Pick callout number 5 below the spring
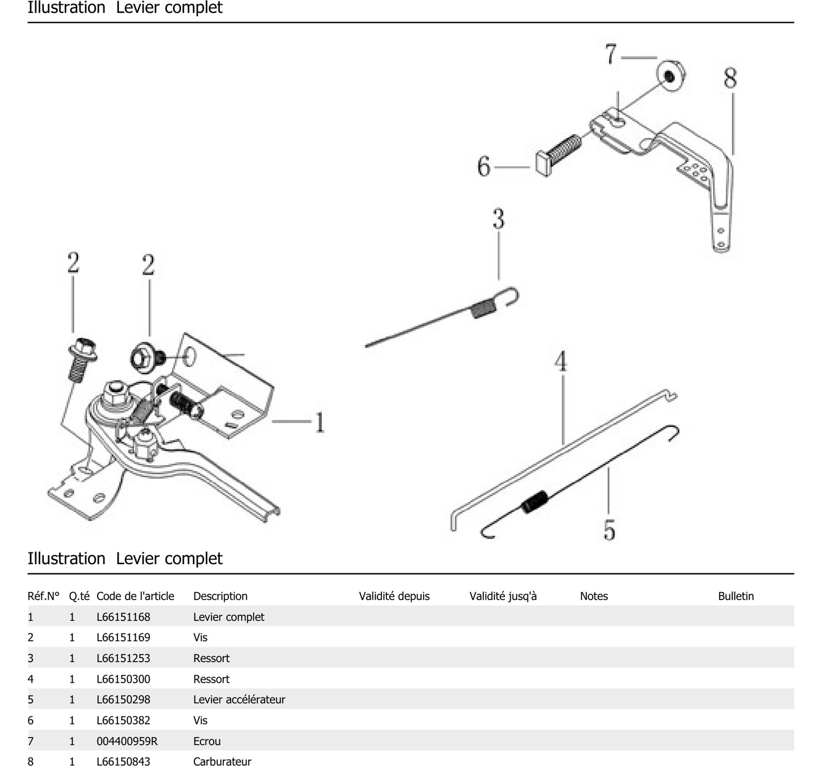[609, 530]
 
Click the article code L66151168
[123, 617]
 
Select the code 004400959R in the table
[127, 741]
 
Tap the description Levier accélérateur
[239, 699]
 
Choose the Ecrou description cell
[207, 741]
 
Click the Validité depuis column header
[394, 596]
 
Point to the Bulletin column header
[735, 596]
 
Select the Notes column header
[594, 596]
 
